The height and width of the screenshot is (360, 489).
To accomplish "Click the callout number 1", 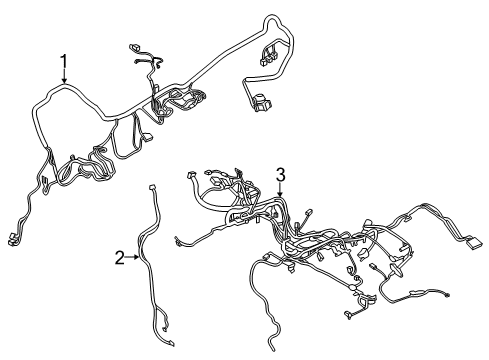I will [64, 66].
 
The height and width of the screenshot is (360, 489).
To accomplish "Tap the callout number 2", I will [120, 259].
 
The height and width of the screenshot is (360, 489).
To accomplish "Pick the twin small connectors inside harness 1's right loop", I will [270, 52].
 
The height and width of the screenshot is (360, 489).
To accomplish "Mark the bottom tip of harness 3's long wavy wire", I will [275, 348].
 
